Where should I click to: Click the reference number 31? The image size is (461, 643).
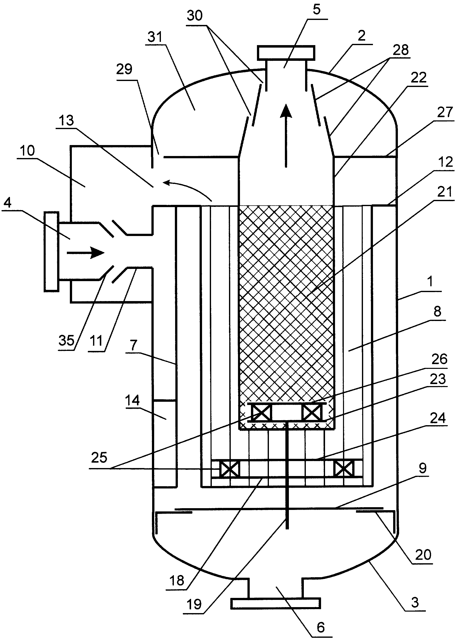[155, 37]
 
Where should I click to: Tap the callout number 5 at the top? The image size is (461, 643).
[317, 9]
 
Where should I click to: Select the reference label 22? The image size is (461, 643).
[418, 78]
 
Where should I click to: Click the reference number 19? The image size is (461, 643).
[194, 604]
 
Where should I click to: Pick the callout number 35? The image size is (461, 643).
[66, 340]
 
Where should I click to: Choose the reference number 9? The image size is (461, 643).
[422, 468]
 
